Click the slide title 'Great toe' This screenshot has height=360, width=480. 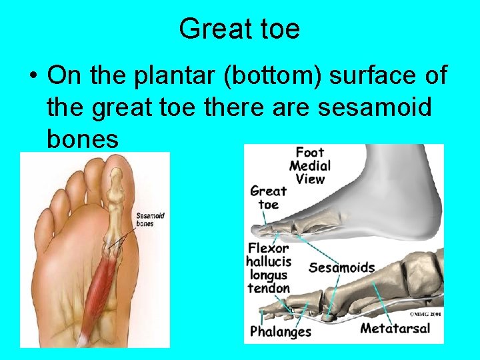pyautogui.click(x=239, y=29)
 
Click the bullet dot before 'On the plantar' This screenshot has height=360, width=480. pyautogui.click(x=32, y=76)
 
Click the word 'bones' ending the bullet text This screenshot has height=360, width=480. pyautogui.click(x=83, y=138)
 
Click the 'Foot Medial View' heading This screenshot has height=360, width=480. pyautogui.click(x=309, y=165)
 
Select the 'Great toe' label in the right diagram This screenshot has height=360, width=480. pyautogui.click(x=268, y=197)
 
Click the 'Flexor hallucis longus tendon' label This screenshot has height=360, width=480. pyautogui.click(x=268, y=268)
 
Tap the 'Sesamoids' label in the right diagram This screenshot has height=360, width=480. pyautogui.click(x=341, y=268)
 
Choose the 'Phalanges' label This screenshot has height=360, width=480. pyautogui.click(x=280, y=331)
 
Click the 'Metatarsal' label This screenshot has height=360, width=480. pyautogui.click(x=395, y=328)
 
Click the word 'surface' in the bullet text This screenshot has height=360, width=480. pyautogui.click(x=371, y=75)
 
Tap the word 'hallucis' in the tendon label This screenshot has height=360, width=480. pyautogui.click(x=268, y=261)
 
